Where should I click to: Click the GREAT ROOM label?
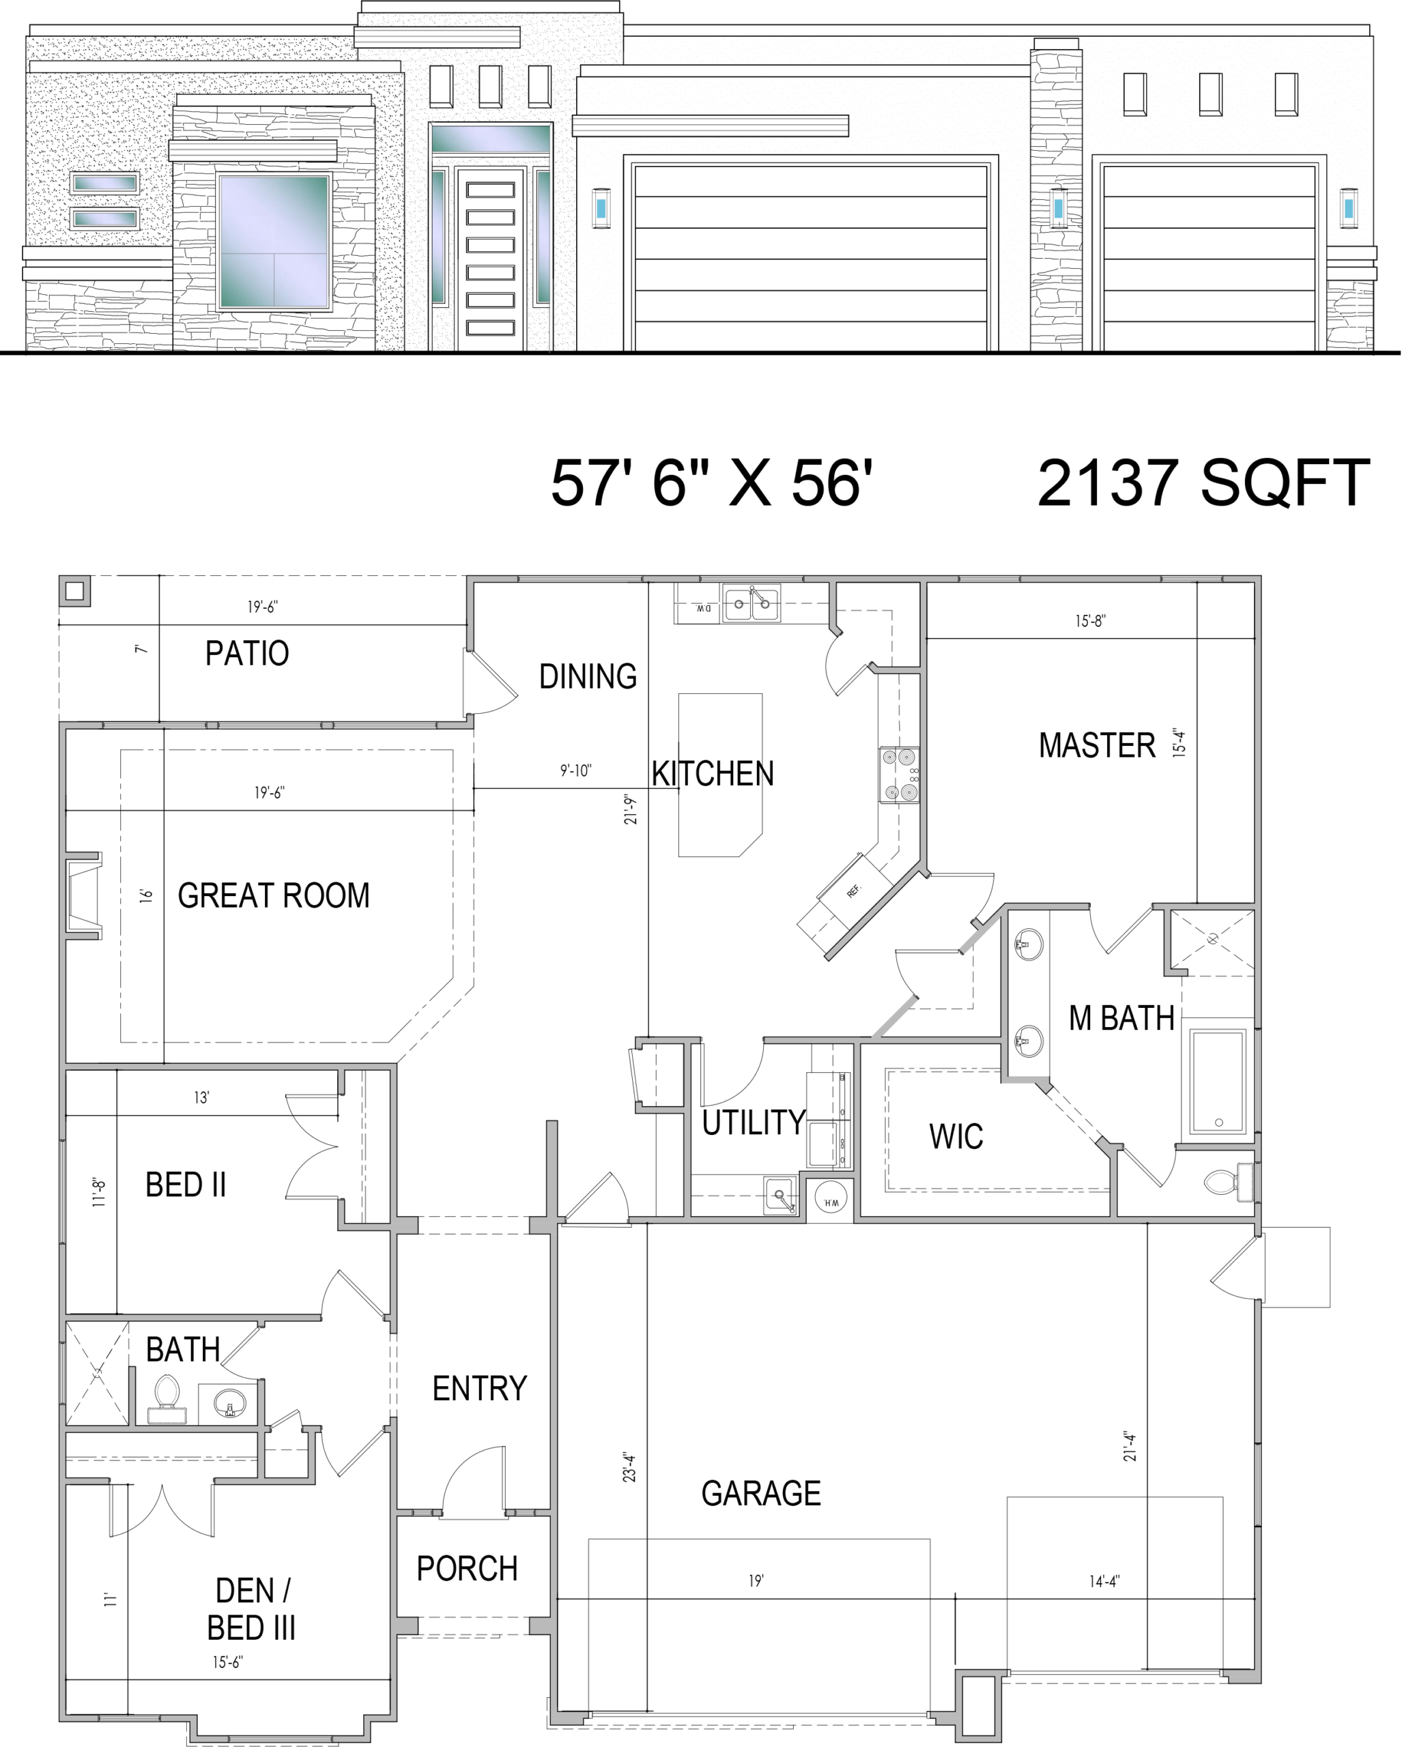point(274,895)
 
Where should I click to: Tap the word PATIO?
point(247,653)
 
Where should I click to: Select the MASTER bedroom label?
point(1098,745)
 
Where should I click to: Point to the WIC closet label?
point(956,1137)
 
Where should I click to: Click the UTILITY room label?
point(754,1123)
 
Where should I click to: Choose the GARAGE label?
point(761,1493)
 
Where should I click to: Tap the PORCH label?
point(467,1569)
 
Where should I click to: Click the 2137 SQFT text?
point(1203,483)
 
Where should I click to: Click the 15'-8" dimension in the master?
point(1091,622)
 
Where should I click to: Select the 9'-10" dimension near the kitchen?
point(576,770)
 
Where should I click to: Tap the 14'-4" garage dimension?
point(1104,1581)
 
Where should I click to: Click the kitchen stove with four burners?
point(900,775)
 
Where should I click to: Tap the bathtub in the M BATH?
point(1217,1082)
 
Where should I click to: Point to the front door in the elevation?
point(490,259)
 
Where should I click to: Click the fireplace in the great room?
point(83,896)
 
